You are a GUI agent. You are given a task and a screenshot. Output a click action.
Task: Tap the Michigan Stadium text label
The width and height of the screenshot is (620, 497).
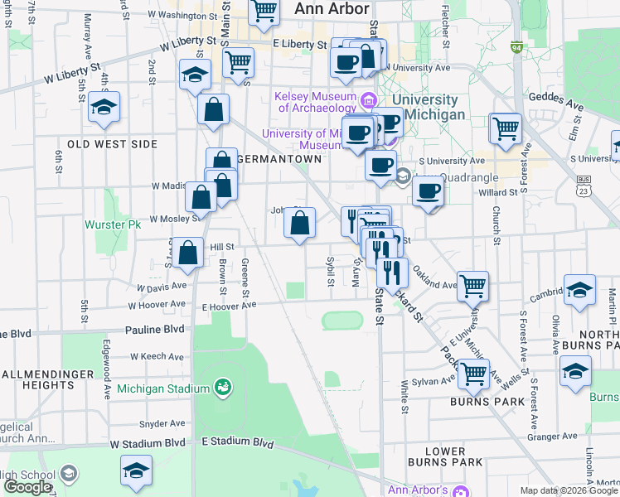[x=162, y=388]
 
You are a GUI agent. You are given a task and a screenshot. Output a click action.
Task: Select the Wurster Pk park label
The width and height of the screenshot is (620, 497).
[x=114, y=224]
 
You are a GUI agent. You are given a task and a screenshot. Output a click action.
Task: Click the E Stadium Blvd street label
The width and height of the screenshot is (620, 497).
[x=238, y=443]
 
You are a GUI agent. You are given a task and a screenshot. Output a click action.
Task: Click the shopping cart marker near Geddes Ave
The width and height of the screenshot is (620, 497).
[x=505, y=129]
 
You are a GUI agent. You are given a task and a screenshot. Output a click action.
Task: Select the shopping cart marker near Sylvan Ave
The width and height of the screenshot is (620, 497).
[x=472, y=374]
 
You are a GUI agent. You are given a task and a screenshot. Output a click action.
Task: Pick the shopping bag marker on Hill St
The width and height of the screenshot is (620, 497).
[x=189, y=253]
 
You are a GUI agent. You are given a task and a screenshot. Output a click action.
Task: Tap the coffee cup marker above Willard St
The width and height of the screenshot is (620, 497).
[x=428, y=191]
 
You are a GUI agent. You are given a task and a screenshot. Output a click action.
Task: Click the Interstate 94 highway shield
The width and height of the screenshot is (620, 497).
[x=516, y=48]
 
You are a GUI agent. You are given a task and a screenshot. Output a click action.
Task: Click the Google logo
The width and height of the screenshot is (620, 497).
[x=27, y=487]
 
